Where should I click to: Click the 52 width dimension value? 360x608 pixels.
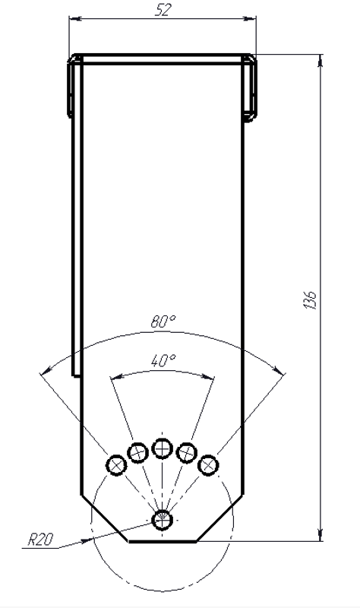163,11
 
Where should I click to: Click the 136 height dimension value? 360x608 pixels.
311,300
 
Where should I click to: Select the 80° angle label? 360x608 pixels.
163,321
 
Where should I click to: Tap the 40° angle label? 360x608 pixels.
163,360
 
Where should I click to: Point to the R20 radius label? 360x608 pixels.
40,540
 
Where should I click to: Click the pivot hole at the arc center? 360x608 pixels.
163,520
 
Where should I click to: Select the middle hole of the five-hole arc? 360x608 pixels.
163,448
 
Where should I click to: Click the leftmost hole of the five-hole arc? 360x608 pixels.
117,465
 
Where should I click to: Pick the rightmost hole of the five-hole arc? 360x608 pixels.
209,464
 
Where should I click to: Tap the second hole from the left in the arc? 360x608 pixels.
138,452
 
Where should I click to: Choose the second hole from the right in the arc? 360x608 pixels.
187,452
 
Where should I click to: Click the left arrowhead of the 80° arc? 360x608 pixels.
46,370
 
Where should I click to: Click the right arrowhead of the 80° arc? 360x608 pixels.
278,369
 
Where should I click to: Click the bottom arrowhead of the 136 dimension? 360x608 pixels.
320,535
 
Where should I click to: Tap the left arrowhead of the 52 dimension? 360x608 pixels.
75,18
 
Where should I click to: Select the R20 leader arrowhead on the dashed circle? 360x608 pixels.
87,540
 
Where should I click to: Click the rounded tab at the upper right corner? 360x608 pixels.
251,87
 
